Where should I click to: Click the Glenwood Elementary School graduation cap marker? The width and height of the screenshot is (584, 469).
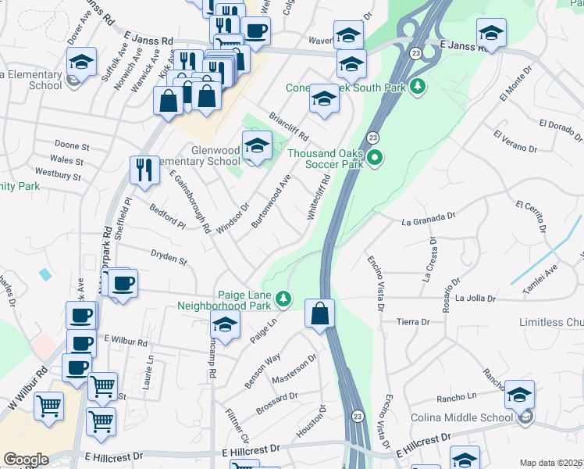[x=257, y=146]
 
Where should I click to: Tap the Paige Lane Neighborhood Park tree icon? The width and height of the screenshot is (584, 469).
[x=283, y=299]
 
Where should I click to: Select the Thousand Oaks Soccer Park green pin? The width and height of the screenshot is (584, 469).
[x=375, y=159]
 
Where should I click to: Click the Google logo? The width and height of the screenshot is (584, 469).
[x=26, y=460]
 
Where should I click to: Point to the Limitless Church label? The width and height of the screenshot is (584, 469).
[x=551, y=323]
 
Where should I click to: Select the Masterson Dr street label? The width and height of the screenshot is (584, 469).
[x=294, y=369]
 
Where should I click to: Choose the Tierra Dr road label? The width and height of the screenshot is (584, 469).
[x=414, y=322]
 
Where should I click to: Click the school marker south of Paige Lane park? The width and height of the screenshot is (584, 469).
[x=225, y=328]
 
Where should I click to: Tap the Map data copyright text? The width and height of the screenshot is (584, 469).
[x=551, y=463]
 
